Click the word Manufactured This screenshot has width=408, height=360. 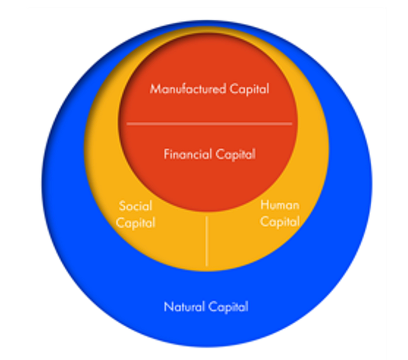coord(188,89)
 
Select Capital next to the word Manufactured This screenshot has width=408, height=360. coord(249,90)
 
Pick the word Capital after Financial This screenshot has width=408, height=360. coord(235,155)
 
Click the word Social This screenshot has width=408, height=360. coord(136,206)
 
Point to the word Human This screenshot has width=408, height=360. coord(280,205)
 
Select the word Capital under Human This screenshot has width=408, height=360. coord(280,223)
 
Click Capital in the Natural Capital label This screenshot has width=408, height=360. coord(228,308)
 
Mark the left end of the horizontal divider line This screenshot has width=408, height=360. coord(126,124)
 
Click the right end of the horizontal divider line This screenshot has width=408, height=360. coord(292,124)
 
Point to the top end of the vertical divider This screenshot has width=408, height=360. coord(206,217)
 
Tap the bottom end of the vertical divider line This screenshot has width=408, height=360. coord(206,266)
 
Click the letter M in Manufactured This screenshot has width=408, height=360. coord(156,89)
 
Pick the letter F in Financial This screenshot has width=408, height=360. coord(167,154)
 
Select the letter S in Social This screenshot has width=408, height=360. coord(122,206)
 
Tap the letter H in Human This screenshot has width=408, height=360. coord(265,205)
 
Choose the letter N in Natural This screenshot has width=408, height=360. coord(168,306)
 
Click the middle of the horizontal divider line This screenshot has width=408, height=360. coord(209,124)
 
